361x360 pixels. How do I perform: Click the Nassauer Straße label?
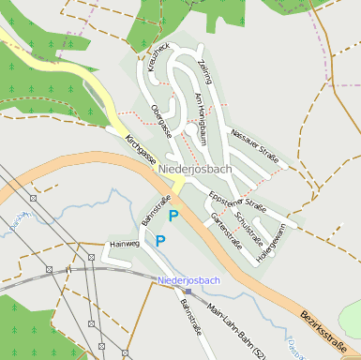(x=254, y=144)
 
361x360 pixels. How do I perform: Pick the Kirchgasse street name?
(x=140, y=151)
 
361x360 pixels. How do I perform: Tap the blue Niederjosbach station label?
(x=189, y=280)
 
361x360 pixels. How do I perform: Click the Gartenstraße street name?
(x=227, y=230)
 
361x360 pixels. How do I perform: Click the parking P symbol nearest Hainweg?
(x=160, y=241)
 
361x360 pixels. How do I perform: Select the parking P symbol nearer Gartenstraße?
(x=173, y=217)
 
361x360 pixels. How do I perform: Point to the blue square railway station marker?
(x=188, y=291)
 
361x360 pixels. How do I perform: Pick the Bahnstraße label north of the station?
(x=156, y=212)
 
